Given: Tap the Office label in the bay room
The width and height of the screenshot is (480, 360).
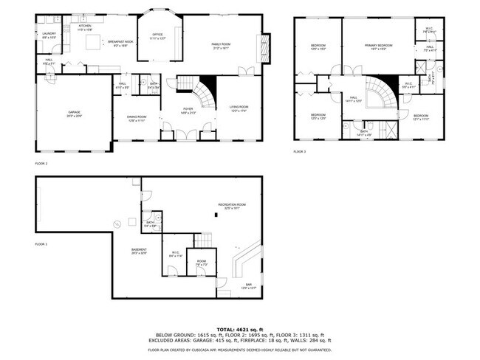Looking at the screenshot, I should click(x=157, y=36).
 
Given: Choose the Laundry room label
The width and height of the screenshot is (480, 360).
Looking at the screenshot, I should click(x=49, y=35).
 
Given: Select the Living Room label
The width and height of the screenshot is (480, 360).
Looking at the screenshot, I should click(x=238, y=108).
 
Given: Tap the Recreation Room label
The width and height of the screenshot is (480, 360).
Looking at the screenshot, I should click(x=231, y=206).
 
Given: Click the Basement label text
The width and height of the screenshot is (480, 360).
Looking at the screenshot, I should click(x=139, y=251).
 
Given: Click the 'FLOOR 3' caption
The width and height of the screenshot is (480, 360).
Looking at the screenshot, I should click(x=299, y=151).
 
